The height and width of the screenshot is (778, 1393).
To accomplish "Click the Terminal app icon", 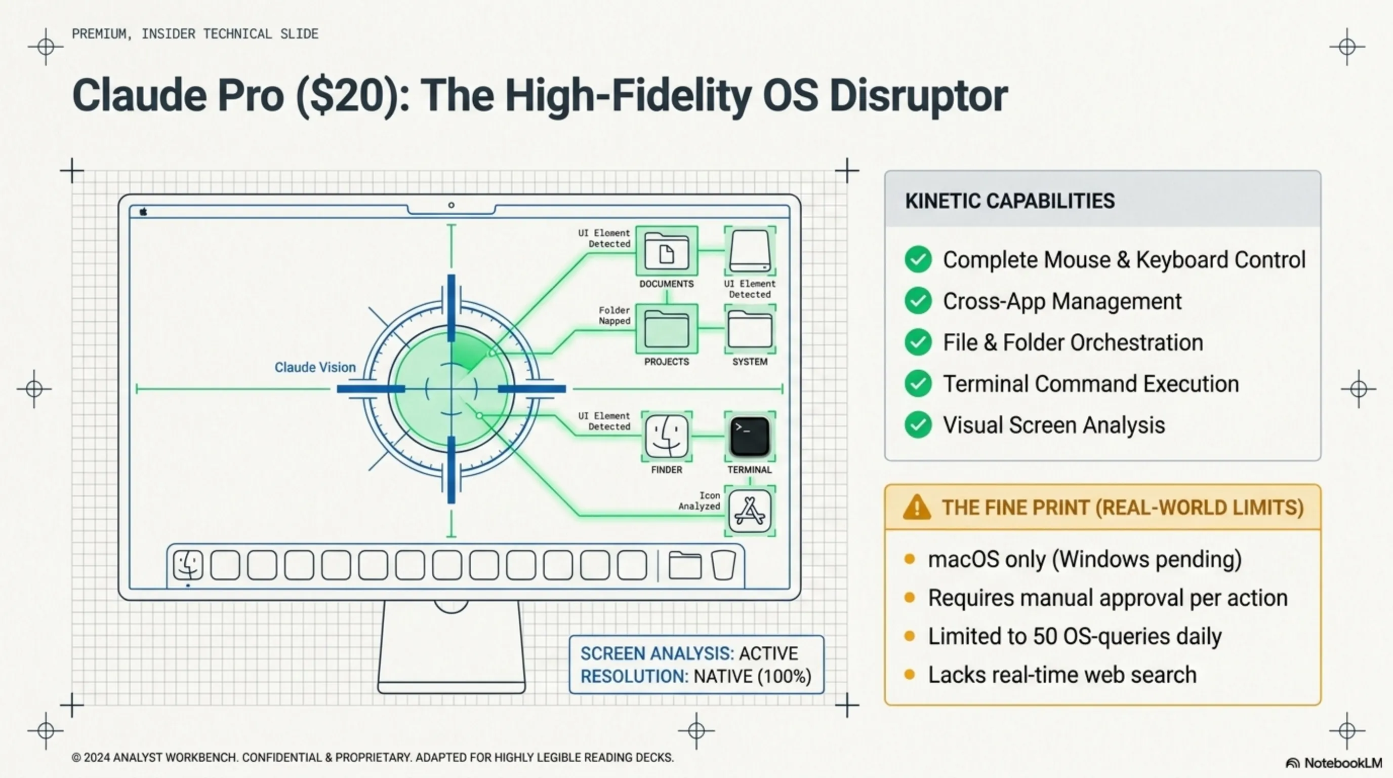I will tap(750, 436).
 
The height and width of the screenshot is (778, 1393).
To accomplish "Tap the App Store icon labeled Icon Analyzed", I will tap(750, 511).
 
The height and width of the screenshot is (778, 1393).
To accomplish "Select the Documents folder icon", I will tap(666, 252).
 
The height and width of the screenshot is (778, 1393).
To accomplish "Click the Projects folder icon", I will tap(666, 329).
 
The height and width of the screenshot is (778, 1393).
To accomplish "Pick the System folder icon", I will tap(750, 329).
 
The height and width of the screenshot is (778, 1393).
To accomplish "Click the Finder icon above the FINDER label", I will tap(666, 436).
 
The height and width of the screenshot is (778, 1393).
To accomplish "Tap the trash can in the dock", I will tap(723, 565).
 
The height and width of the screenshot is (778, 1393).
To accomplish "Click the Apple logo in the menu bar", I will tap(143, 212).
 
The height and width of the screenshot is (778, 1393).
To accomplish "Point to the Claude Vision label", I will tap(315, 367).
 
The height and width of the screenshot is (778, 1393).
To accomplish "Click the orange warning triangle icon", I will tap(917, 508).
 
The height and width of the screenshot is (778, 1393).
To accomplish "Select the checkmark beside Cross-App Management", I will tap(918, 301).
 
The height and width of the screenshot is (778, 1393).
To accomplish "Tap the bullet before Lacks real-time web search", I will tap(910, 675).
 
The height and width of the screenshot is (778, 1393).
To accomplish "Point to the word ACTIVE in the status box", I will tap(768, 653).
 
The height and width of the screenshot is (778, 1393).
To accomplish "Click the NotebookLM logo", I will tap(1333, 763).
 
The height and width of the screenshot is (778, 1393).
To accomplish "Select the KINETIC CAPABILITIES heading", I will tap(1010, 201).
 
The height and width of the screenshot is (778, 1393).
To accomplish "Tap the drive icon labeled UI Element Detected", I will tap(750, 252).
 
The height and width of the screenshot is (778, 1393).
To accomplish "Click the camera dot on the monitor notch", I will tap(452, 205).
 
